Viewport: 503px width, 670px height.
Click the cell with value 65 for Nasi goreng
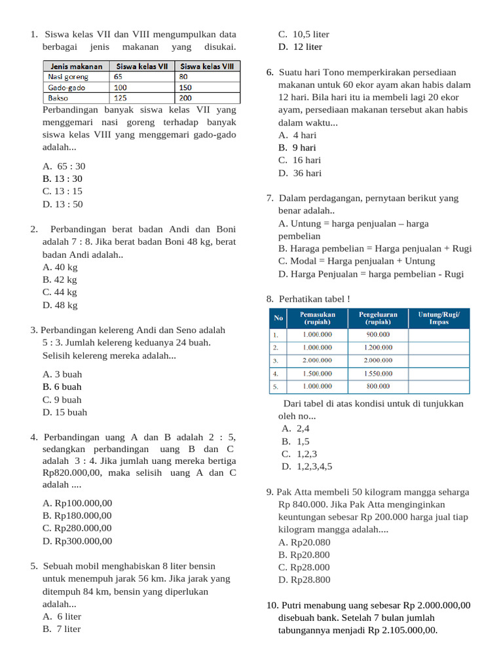click(x=119, y=77)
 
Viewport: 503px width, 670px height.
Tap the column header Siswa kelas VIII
click(x=206, y=66)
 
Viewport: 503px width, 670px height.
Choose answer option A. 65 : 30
click(x=64, y=166)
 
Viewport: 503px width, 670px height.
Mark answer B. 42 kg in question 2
click(x=60, y=280)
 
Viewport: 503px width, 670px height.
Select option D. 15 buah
click(x=65, y=412)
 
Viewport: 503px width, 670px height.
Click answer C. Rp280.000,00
click(x=77, y=528)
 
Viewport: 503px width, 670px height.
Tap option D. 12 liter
click(x=300, y=47)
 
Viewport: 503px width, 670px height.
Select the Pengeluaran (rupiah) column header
click(x=378, y=318)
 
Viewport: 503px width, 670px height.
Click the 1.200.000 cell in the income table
click(x=378, y=347)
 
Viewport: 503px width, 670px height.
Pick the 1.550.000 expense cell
click(x=378, y=374)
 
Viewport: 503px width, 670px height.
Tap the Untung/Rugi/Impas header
click(x=439, y=318)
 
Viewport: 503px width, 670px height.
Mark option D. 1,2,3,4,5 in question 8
click(x=307, y=467)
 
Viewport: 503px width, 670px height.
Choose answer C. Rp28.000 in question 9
click(x=304, y=567)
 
